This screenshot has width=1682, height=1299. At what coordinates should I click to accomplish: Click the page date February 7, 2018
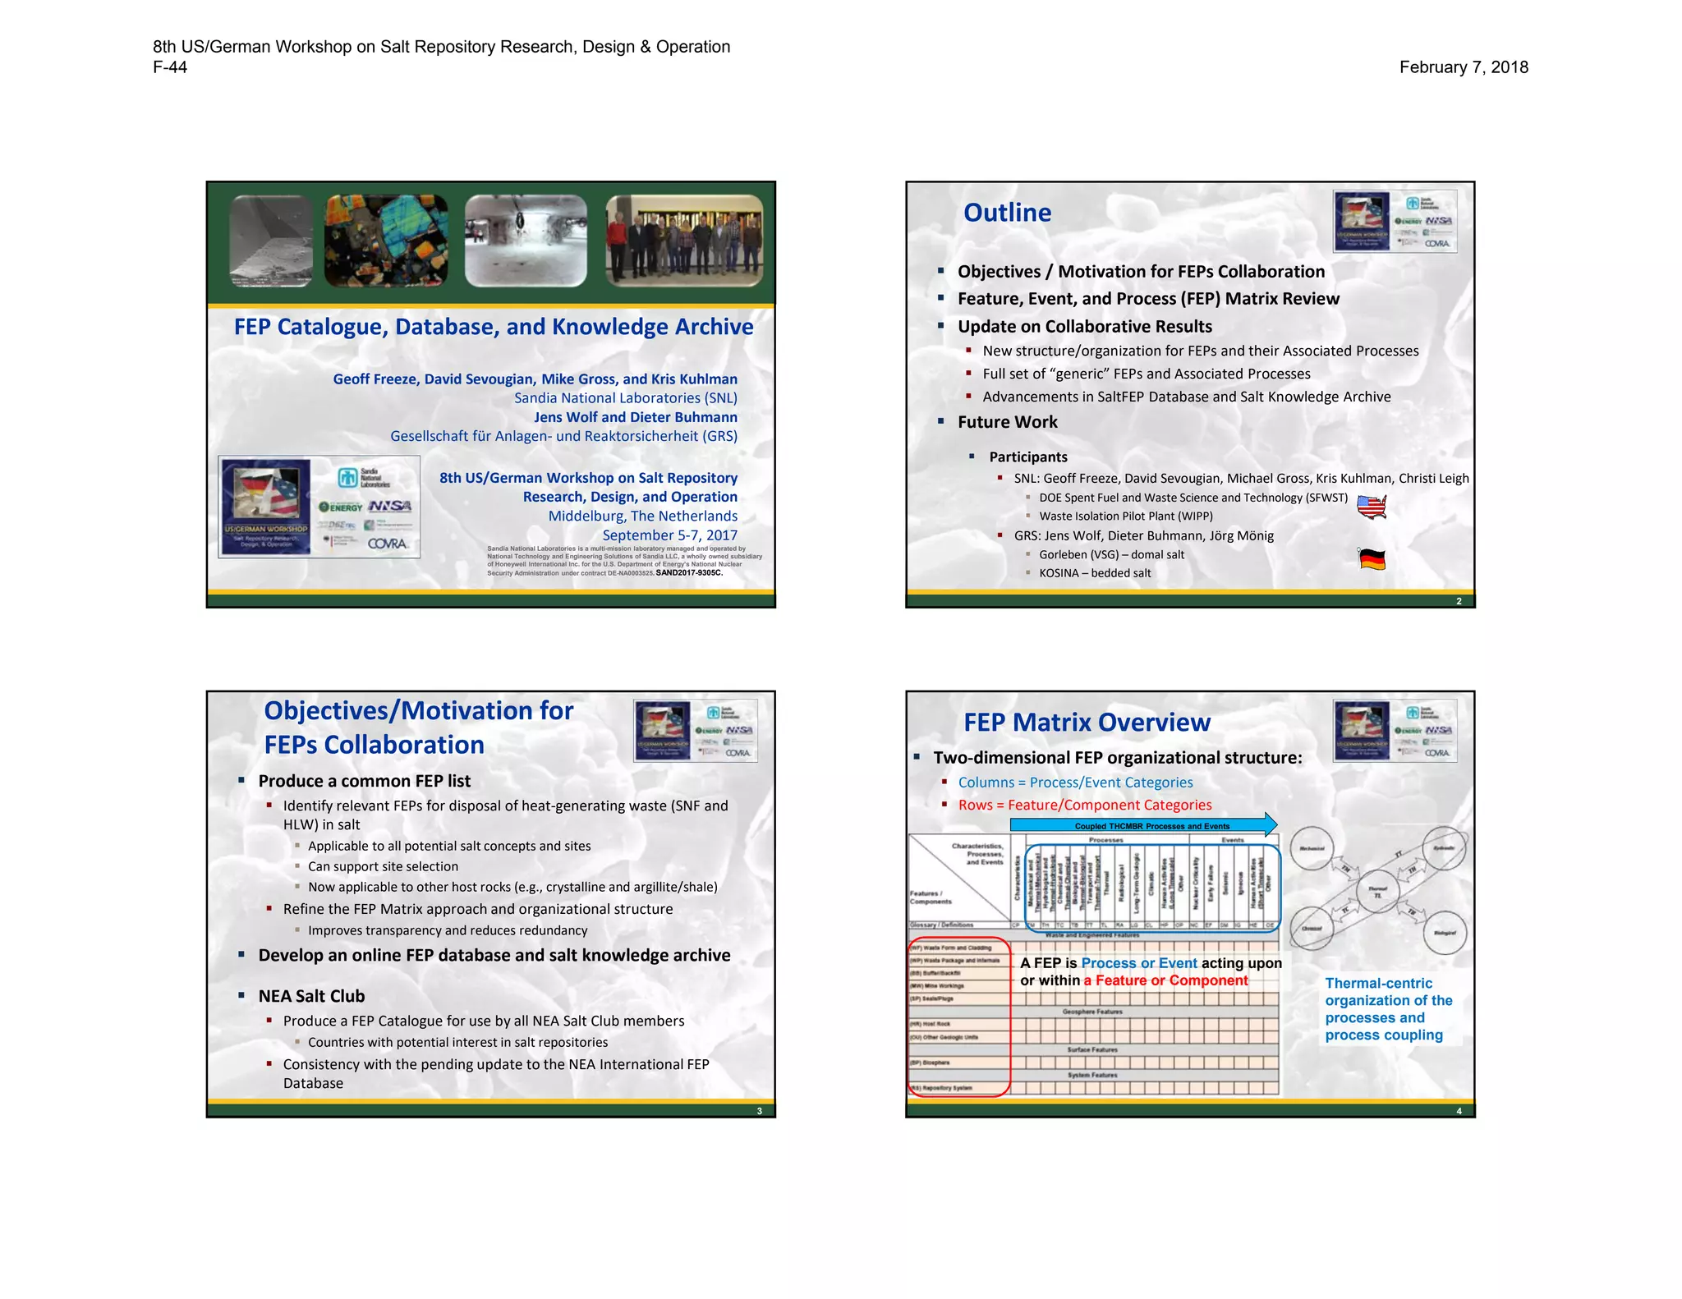coord(1464,67)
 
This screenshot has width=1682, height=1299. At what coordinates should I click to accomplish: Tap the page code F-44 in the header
coord(170,67)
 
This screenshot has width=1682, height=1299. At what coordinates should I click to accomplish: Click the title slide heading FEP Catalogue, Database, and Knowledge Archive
coord(493,327)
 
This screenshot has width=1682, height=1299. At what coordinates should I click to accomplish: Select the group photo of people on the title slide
coord(684,241)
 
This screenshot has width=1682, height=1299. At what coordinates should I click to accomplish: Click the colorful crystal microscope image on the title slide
coord(386,241)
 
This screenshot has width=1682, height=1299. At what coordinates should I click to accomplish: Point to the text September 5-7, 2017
coord(669,535)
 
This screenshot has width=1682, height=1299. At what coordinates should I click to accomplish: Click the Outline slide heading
coord(1007,213)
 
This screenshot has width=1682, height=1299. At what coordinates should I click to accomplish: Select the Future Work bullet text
coord(1007,422)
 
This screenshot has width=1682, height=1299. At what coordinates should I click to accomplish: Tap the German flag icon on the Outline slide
coord(1372,560)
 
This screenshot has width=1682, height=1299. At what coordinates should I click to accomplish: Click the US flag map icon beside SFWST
coord(1372,507)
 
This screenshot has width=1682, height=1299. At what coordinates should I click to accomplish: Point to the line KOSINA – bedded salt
coord(1095,573)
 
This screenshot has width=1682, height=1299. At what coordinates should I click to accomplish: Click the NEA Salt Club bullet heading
coord(311,996)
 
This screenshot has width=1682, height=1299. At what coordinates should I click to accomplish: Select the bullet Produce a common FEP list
coord(364,781)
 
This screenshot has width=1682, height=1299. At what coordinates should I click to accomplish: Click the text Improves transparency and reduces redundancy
coord(448,930)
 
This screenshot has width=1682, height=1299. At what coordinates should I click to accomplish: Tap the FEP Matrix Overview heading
coord(1087,723)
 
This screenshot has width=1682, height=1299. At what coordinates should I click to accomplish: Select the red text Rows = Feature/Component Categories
coord(1084,805)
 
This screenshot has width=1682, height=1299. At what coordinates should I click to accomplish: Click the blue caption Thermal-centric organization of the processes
coord(1388,1009)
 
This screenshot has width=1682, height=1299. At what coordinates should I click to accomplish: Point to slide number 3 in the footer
coord(759,1111)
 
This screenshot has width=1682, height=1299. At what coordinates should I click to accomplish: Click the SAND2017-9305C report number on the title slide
coord(689,573)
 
